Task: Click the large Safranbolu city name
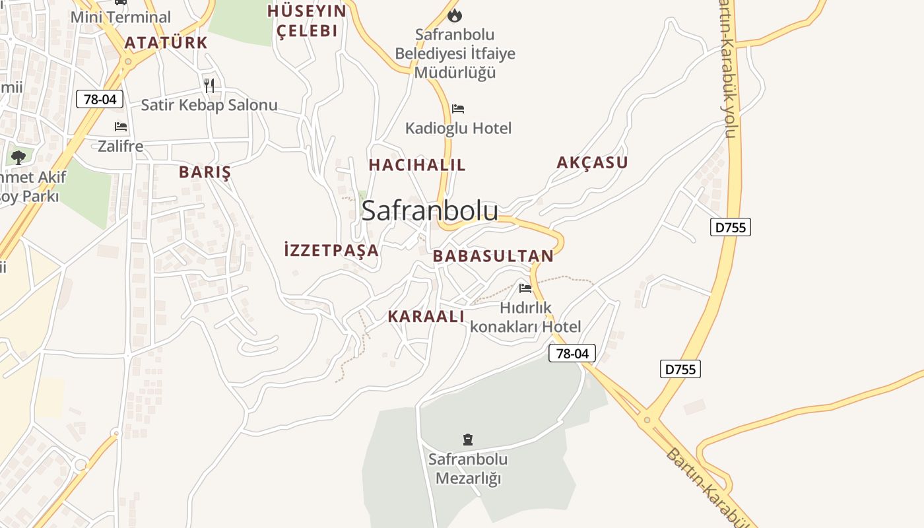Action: (430, 211)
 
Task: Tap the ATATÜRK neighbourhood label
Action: (166, 43)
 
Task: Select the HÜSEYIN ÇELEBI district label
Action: (307, 20)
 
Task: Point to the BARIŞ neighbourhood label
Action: (205, 172)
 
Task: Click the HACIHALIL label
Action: (417, 165)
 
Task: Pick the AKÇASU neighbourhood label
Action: (592, 162)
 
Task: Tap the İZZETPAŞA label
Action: (331, 250)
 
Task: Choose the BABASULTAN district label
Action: (493, 256)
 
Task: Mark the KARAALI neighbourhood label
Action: (426, 316)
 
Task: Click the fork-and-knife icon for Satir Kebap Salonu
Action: (209, 85)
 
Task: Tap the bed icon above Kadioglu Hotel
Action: (458, 108)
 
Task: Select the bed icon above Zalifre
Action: (120, 126)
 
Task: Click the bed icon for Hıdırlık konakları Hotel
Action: (525, 288)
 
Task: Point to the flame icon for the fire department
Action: (455, 15)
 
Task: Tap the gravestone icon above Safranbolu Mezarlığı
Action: (468, 439)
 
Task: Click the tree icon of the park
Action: (18, 157)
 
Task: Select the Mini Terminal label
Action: (120, 17)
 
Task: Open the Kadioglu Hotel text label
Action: (458, 128)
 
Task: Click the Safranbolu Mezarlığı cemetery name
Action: (468, 468)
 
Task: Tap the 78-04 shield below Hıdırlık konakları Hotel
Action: (572, 353)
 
